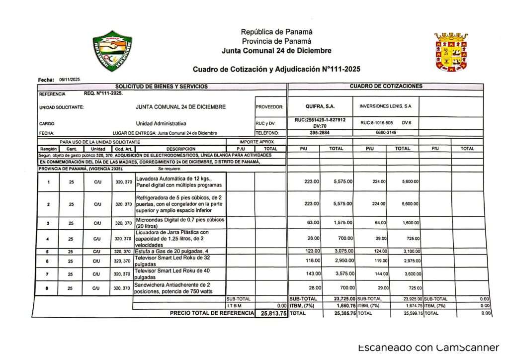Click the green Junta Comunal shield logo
click(113, 51)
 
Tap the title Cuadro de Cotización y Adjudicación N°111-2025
click(276, 69)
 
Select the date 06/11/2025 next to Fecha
click(70, 80)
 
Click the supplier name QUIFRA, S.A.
click(320, 106)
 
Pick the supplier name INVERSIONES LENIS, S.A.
click(385, 106)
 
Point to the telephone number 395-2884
click(320, 133)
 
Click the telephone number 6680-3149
click(386, 133)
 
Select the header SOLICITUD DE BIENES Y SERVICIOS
click(162, 87)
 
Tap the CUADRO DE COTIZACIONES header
click(386, 87)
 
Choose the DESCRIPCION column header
click(181, 149)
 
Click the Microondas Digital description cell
click(180, 223)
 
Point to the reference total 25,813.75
click(271, 314)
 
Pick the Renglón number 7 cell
click(48, 274)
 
